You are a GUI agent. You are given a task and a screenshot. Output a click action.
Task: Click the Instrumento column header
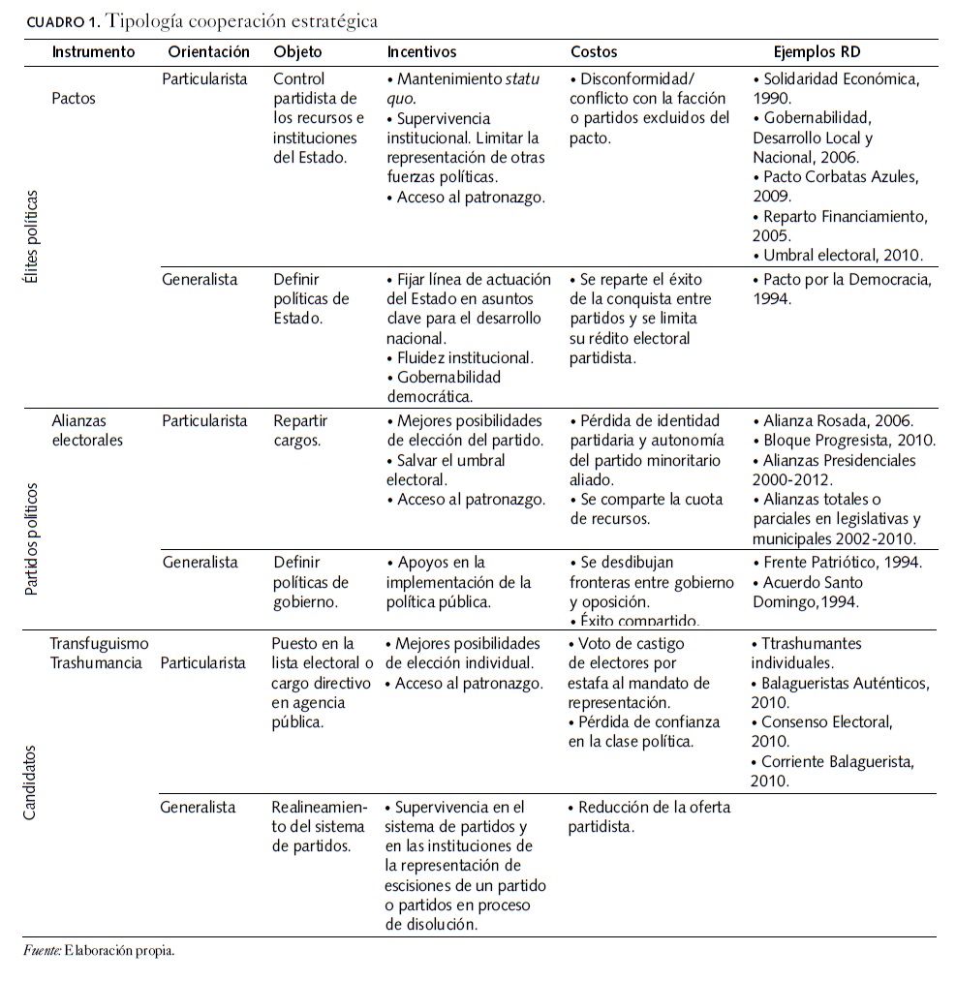(x=93, y=51)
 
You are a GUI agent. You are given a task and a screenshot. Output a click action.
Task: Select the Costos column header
(x=593, y=51)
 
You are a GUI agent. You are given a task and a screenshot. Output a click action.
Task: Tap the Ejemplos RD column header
(x=817, y=51)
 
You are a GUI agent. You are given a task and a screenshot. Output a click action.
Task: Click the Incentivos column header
(x=421, y=51)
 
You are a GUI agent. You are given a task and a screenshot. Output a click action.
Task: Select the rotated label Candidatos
(x=30, y=782)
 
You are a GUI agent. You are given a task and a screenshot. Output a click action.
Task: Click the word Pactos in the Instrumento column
(x=74, y=98)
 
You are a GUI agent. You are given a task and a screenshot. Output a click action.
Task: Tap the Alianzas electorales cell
(x=87, y=431)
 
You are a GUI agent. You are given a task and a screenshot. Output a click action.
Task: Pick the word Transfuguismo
(x=100, y=643)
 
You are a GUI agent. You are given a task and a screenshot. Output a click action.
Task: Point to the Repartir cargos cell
(x=300, y=431)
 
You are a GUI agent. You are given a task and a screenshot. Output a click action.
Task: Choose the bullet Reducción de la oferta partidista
(x=648, y=816)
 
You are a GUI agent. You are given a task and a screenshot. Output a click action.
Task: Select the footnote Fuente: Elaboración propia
(x=100, y=951)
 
